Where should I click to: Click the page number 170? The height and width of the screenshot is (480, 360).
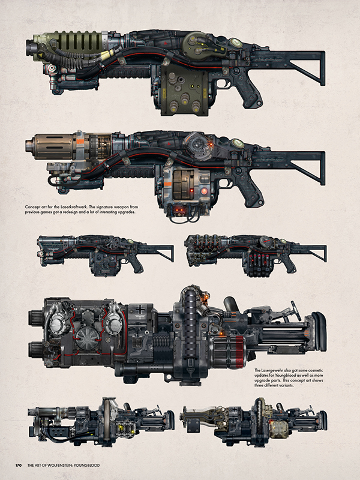(19, 464)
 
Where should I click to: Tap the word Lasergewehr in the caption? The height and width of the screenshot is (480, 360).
(277, 371)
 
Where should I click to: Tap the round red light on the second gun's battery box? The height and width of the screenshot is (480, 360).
(205, 191)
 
